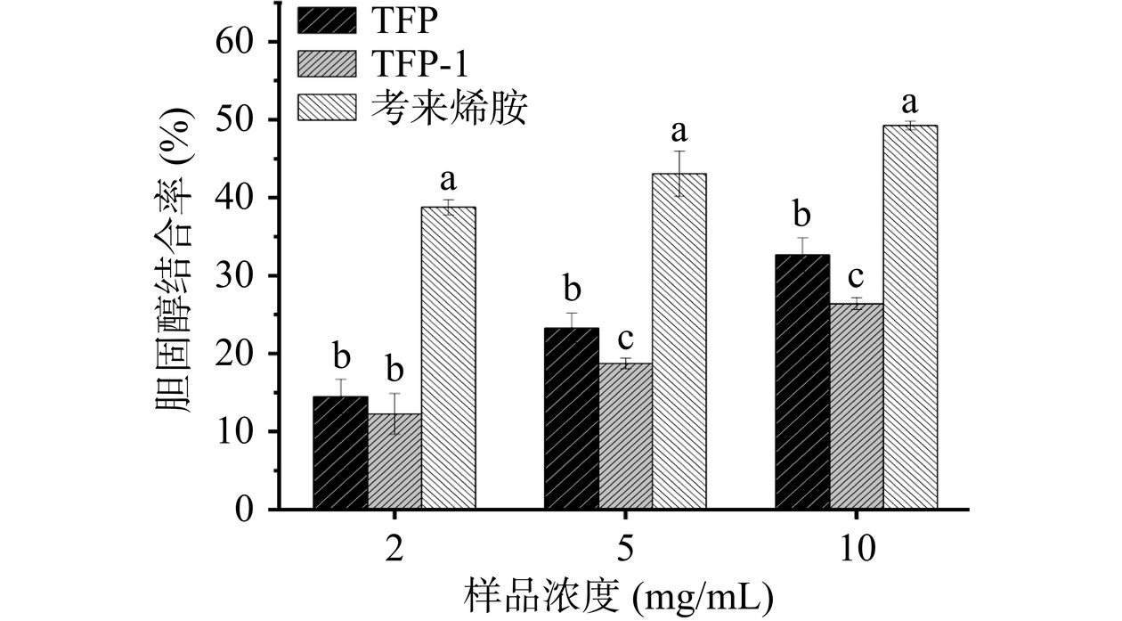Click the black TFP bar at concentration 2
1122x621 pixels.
(340, 453)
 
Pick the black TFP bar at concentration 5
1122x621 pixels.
(571, 419)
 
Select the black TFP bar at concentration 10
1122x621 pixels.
(802, 382)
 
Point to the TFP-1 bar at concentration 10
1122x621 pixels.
(857, 406)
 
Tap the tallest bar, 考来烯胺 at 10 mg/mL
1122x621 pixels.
(910, 317)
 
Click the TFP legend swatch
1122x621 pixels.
(325, 18)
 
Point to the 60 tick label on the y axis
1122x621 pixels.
(235, 42)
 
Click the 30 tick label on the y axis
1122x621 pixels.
(235, 276)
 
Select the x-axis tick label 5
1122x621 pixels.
(625, 547)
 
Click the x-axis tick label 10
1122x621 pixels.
(857, 547)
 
